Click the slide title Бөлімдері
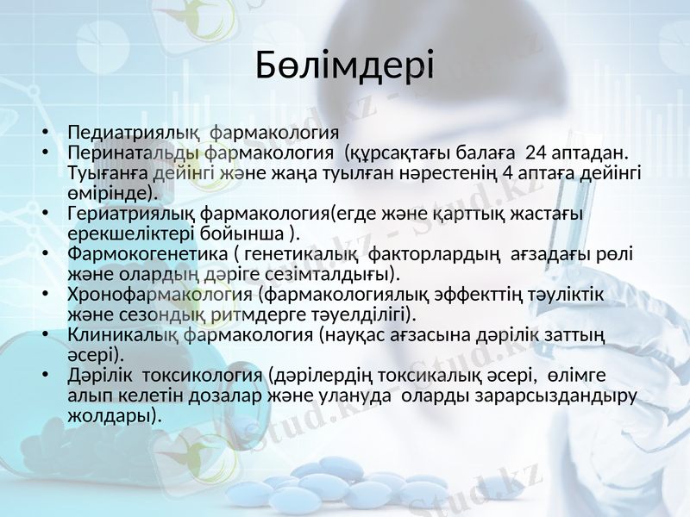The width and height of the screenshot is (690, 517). (x=344, y=66)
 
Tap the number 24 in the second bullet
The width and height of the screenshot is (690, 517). (x=535, y=153)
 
